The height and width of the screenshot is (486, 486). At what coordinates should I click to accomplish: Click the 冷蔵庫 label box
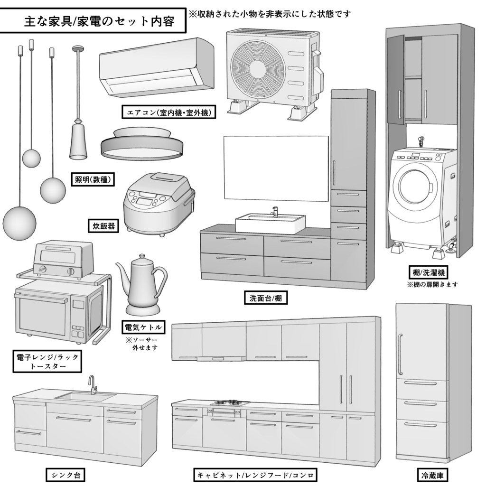coord(433,475)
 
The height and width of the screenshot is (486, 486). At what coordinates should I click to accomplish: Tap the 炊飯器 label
coord(103,225)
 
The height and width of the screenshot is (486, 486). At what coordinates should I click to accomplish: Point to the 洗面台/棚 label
coord(262,298)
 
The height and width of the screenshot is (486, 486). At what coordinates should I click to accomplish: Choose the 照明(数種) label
coord(92,180)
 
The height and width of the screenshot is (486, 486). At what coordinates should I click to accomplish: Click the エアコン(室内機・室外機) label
coord(169,112)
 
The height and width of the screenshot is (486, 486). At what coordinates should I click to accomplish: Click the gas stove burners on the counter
coord(230,403)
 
